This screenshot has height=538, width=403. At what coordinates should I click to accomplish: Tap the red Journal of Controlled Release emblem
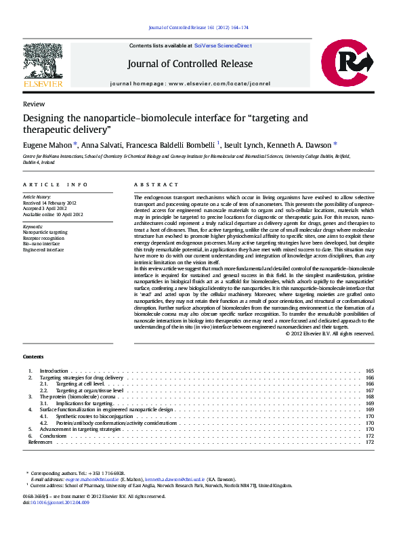coord(347,64)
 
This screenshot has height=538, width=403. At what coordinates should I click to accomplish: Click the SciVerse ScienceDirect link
coord(222,45)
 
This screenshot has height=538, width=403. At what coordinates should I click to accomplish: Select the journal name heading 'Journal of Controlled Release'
coord(190,64)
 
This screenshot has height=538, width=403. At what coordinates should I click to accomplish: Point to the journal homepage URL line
coord(190,84)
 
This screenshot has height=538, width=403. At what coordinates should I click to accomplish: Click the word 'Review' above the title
coord(34,104)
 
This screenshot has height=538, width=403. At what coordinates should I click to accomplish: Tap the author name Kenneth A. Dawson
coord(302,145)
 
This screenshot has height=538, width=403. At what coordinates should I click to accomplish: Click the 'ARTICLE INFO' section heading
coord(55,184)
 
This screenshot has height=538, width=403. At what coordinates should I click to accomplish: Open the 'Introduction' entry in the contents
coord(54,371)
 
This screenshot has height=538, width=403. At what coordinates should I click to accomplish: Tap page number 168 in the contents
coord(369,397)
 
